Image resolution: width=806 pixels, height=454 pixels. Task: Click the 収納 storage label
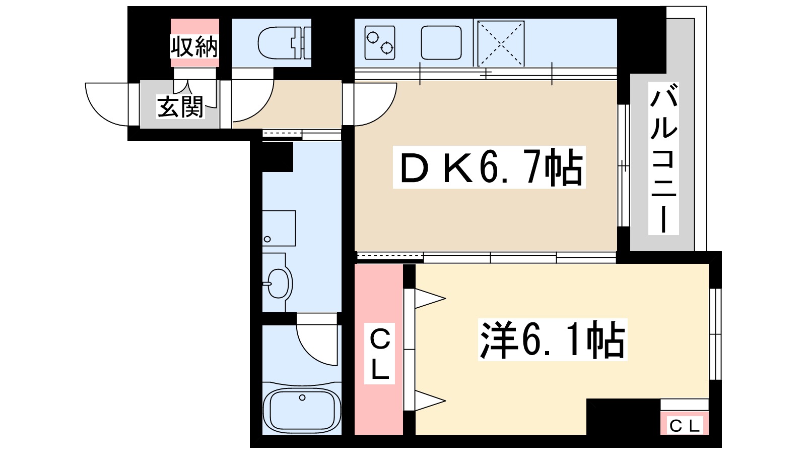pos(194,46)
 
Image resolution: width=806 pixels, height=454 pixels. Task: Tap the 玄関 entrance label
pos(180,106)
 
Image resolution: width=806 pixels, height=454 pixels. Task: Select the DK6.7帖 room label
pos(489,167)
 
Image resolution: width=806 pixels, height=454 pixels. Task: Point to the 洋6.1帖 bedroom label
pos(552,340)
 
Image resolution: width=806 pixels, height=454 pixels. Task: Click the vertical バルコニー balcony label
pos(663,158)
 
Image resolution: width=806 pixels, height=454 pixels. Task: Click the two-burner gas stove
pos(380,42)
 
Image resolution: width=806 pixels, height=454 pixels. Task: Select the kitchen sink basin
pos(441,42)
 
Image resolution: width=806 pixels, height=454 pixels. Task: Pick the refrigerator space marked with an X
pos(501,43)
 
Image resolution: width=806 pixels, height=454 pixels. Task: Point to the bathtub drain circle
pos(302,398)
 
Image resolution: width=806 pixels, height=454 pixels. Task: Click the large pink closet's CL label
pos(380,353)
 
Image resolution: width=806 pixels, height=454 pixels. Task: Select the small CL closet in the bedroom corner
pos(685,422)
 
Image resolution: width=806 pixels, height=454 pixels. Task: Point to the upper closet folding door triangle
pos(430,298)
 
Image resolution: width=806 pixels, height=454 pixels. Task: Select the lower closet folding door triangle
pos(430,401)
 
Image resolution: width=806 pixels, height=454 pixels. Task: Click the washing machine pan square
pos(279,229)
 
